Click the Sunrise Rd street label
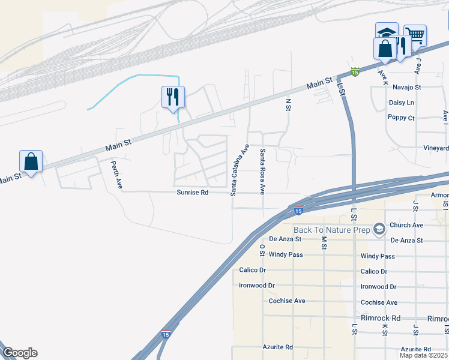click(192, 193)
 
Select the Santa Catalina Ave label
click(239, 169)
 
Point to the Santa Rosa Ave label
click(262, 172)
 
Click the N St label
click(288, 104)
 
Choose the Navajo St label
click(407, 87)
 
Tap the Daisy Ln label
click(402, 103)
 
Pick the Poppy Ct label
click(402, 118)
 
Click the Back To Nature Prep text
click(332, 230)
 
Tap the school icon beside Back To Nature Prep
click(379, 229)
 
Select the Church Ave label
click(406, 225)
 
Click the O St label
click(262, 248)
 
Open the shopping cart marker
click(415, 35)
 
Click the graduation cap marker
click(387, 32)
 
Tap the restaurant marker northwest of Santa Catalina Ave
click(173, 96)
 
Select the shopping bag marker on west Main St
click(31, 161)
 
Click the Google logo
click(20, 353)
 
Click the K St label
click(385, 331)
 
